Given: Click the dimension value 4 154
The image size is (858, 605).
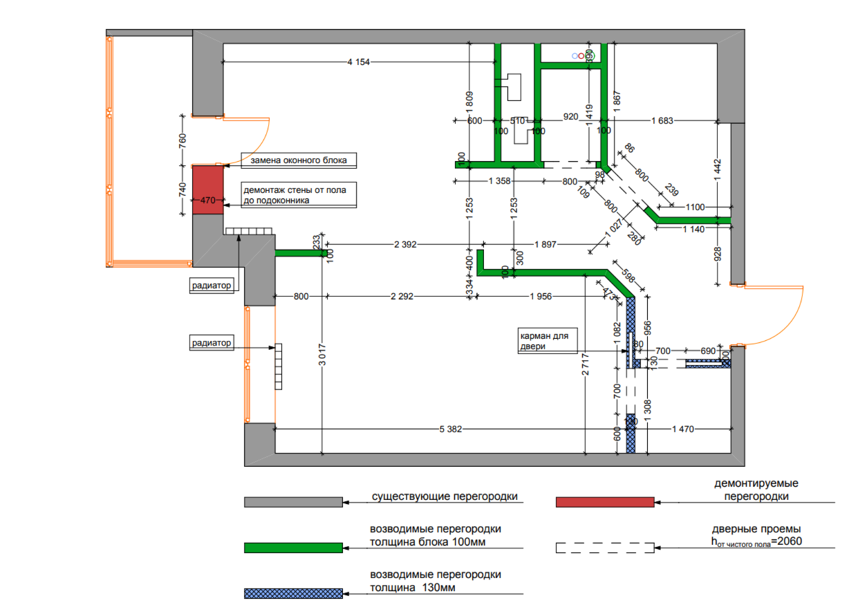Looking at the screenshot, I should point(359,62).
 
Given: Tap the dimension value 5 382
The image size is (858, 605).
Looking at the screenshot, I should point(450,429).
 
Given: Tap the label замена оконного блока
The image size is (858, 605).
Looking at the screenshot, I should point(299,160).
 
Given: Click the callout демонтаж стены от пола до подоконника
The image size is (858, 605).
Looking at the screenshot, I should point(298,194).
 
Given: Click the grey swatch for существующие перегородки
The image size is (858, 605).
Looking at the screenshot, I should point(293,502).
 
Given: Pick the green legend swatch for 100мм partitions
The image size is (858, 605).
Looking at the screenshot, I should point(293,548).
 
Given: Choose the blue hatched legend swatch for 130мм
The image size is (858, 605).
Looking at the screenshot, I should point(293,593).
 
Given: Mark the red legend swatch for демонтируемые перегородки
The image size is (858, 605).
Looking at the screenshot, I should point(605,502).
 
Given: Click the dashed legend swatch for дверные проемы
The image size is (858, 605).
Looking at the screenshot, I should point(605,548).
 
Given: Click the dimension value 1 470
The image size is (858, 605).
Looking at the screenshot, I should point(684,429).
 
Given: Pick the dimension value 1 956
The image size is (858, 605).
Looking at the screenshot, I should point(541,297).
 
